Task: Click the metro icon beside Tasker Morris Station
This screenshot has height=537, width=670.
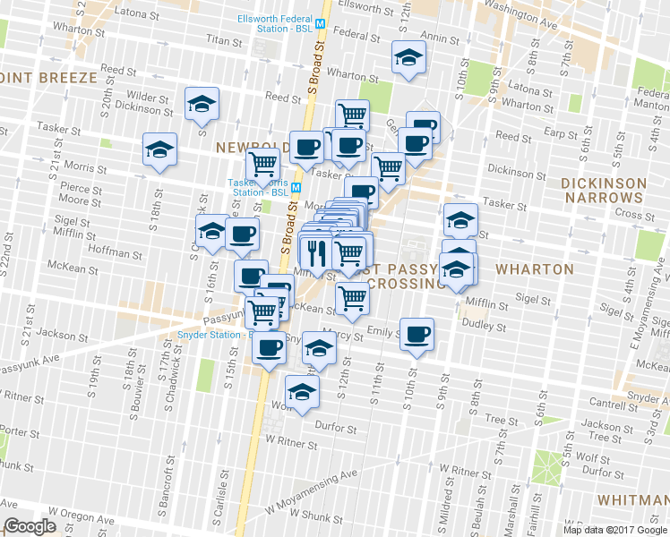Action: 296,175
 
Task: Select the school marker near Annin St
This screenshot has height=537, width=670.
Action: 408,58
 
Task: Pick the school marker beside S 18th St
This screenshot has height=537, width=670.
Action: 159,149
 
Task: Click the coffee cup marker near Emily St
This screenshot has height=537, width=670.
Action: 417,334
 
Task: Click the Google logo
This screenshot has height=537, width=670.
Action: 30,526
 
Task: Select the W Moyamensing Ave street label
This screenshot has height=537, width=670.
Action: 312,490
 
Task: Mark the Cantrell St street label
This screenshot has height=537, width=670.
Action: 614,405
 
